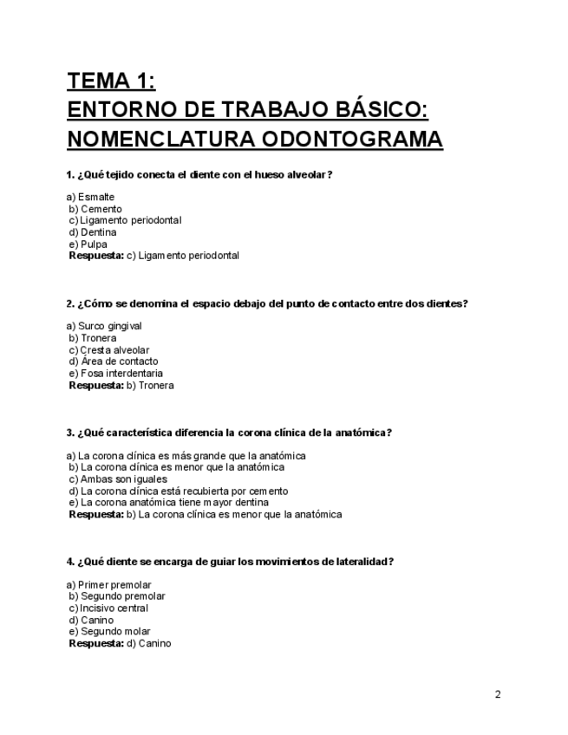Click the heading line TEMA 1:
point(111,81)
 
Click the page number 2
point(498,694)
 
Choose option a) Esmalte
point(90,197)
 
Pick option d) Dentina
point(92,232)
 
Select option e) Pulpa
point(88,244)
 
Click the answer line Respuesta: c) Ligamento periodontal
point(153,256)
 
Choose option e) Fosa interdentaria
point(115,374)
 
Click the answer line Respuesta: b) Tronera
point(121,386)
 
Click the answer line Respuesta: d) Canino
point(120,643)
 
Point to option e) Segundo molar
point(109,631)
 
